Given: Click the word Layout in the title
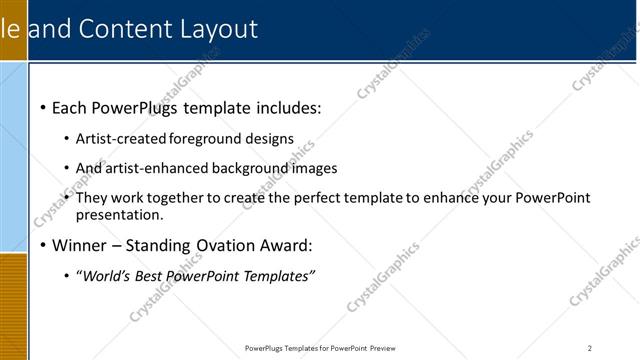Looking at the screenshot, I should [x=221, y=29].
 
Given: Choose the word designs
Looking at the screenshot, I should [x=270, y=138].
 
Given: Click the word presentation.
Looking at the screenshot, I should [x=119, y=214].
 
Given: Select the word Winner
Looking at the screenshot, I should [x=80, y=245].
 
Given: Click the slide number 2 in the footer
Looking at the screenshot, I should [x=589, y=349].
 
